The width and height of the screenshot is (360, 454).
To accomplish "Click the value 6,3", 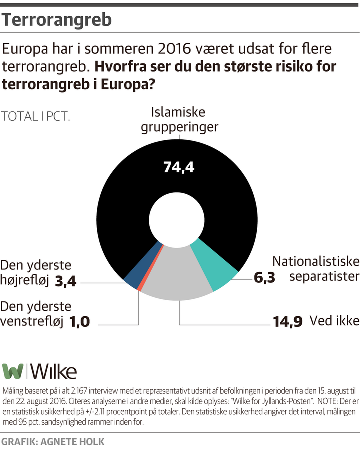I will (x=264, y=277).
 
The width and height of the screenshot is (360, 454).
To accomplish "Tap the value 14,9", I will (x=287, y=321).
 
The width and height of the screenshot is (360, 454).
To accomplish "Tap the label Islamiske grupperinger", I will (x=179, y=119).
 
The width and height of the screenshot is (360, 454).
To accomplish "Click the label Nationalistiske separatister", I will (x=315, y=269).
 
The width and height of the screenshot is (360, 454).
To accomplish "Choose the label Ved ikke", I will (x=334, y=320).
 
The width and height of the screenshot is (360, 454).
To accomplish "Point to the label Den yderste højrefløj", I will (x=36, y=273).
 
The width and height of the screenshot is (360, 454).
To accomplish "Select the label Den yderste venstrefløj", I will (x=36, y=313).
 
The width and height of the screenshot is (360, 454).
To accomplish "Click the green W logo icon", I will (x=13, y=371).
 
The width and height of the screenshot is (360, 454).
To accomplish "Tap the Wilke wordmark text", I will (x=54, y=371).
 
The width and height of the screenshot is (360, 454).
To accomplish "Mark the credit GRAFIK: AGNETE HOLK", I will (x=53, y=442).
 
